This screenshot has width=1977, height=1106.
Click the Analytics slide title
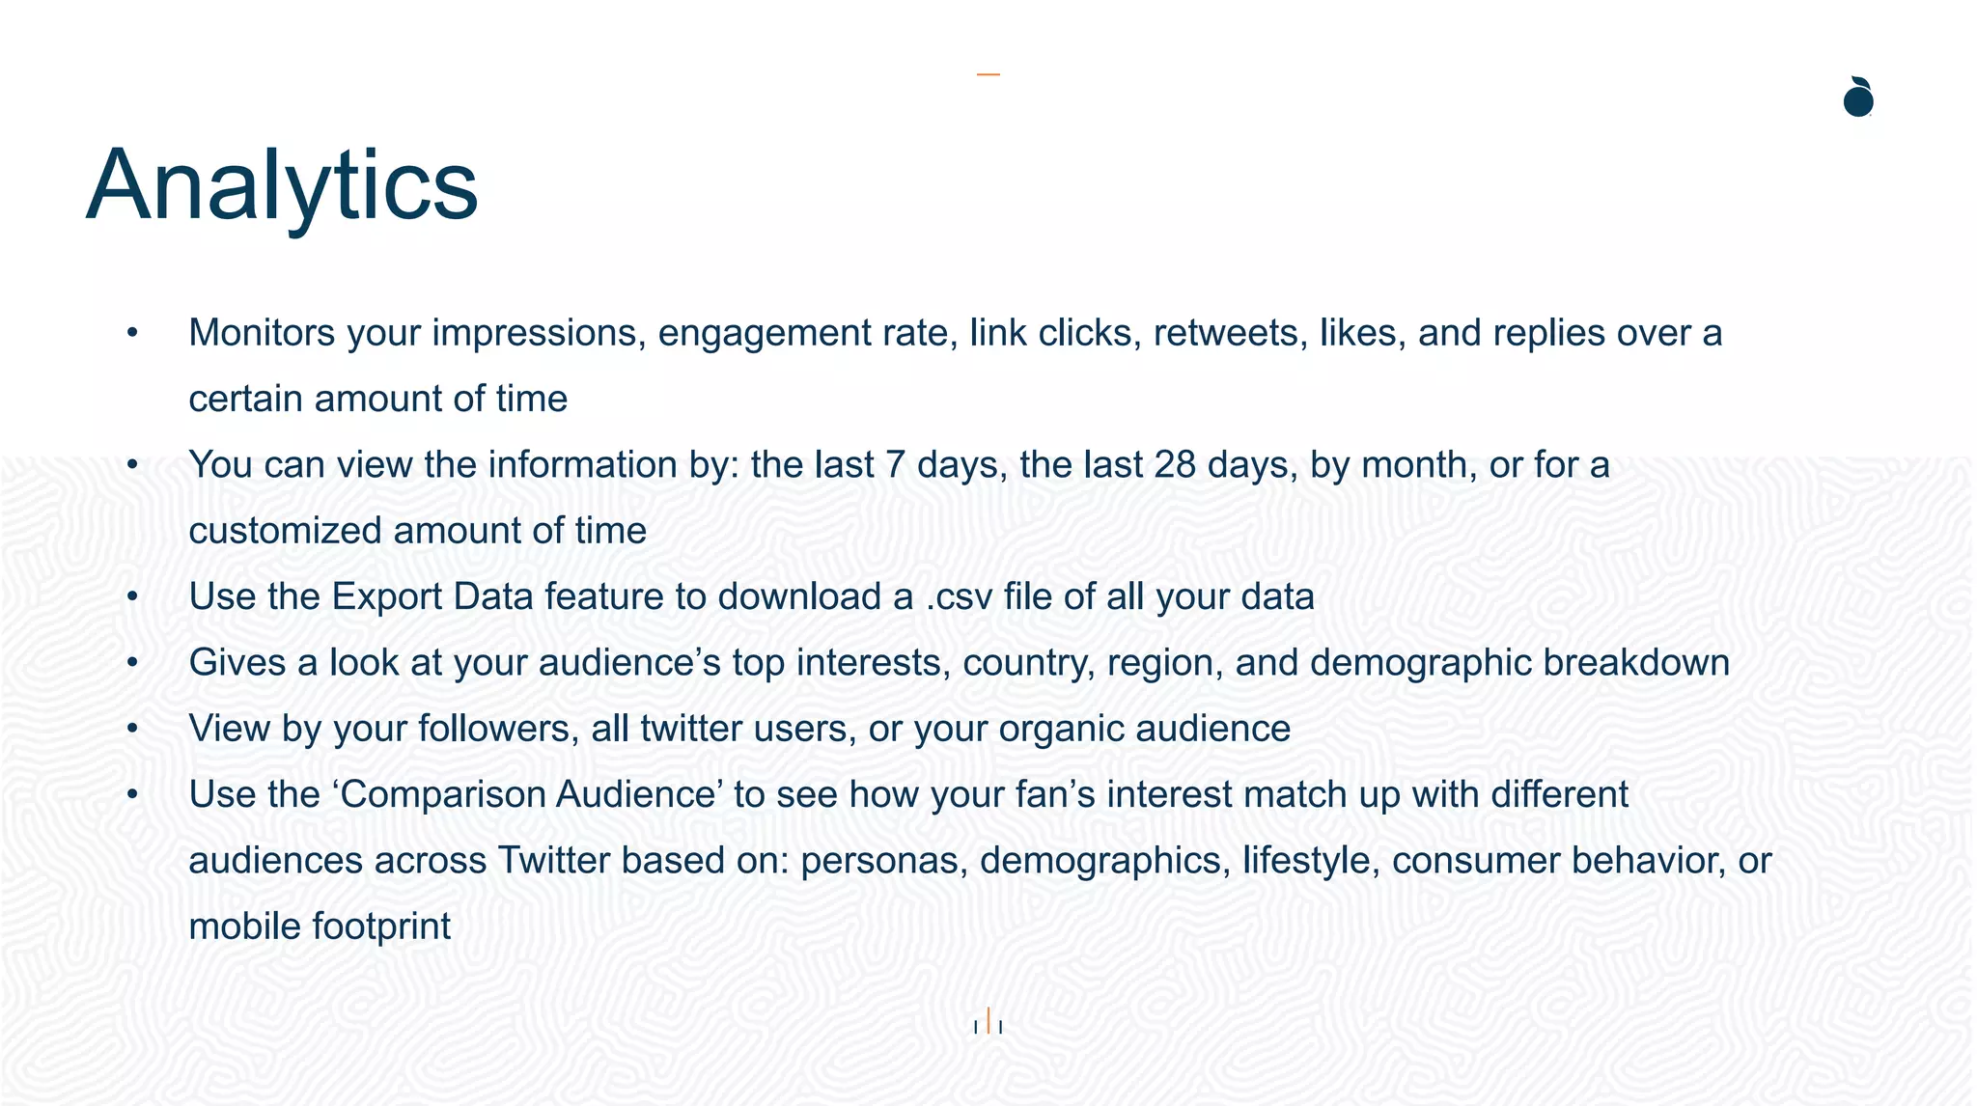282,185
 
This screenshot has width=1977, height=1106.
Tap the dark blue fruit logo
1858,97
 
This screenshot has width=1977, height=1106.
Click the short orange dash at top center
988,74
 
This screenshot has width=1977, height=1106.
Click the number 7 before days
895,465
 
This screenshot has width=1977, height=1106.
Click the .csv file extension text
959,597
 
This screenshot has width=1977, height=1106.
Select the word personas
883,861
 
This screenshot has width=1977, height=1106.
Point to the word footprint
381,926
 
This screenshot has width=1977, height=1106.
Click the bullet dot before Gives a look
133,663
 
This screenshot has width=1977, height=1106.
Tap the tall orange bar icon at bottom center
988,1020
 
